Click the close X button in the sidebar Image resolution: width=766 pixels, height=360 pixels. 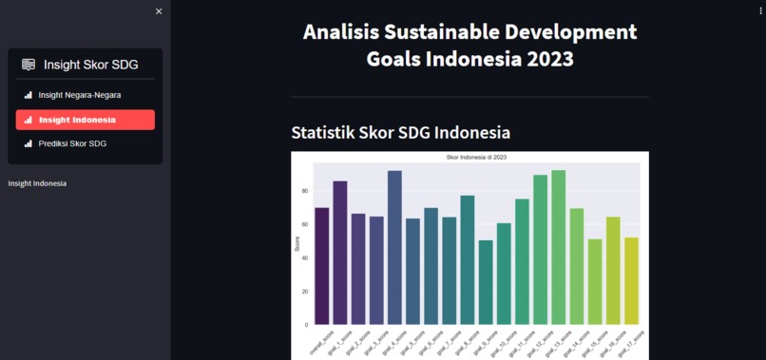coord(159,11)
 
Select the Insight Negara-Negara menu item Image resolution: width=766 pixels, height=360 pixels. coord(80,95)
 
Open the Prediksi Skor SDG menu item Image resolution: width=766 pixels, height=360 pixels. coord(72,143)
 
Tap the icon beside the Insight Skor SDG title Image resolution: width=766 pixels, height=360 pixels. coord(29,65)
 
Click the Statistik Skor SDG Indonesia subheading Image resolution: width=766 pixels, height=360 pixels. coord(400,131)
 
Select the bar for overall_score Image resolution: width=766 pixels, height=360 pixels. coord(322,266)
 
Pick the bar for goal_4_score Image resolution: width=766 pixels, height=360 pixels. coord(394,248)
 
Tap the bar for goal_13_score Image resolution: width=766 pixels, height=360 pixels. coord(559,247)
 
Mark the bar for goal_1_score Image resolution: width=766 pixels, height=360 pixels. coord(340,253)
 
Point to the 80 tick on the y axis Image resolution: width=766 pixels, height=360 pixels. coord(305,191)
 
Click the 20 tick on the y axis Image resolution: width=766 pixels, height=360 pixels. coord(305,292)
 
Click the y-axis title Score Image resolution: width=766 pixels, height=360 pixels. coord(297,244)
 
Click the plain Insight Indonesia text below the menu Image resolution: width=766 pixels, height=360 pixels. coord(37,182)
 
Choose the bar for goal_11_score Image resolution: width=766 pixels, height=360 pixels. coord(522,261)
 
